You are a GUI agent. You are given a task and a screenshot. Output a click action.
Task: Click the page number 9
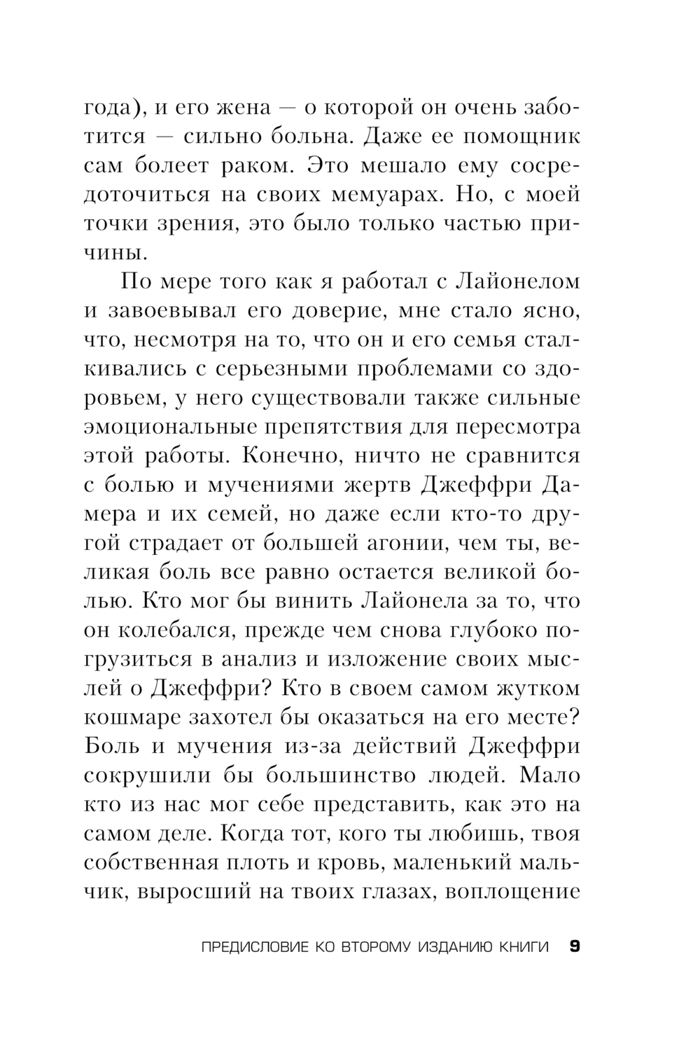574,947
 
